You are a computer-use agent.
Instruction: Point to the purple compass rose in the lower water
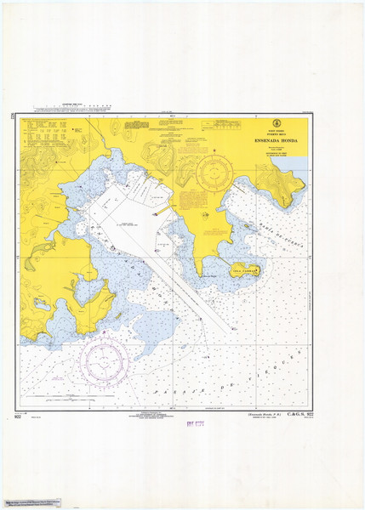[x=106, y=362]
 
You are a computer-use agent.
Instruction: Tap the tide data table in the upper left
[x=51, y=131]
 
